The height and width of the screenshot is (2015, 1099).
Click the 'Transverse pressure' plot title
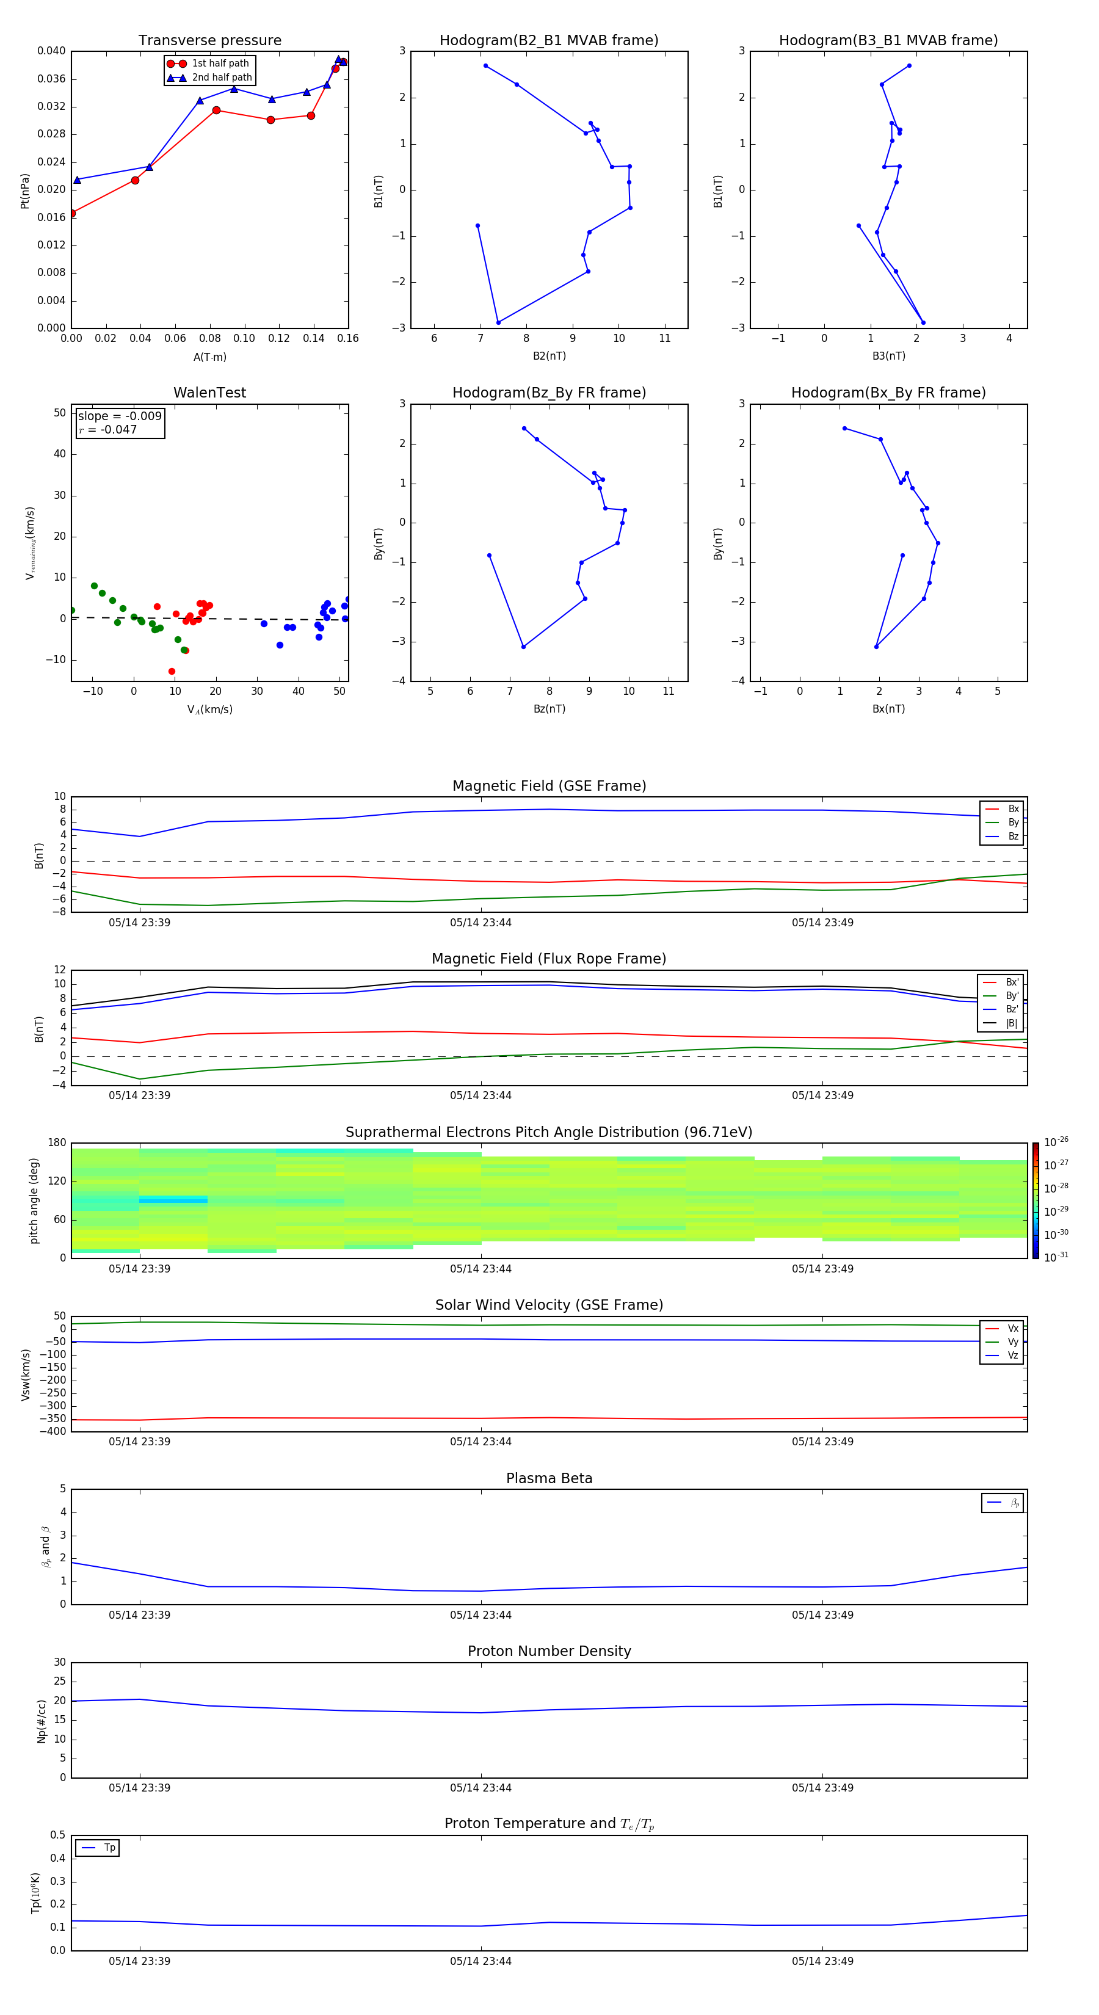click(209, 41)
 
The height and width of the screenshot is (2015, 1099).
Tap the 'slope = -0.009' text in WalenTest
click(120, 416)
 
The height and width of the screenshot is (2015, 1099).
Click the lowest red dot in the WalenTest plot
click(172, 671)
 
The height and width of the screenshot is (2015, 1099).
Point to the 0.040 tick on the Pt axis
click(52, 51)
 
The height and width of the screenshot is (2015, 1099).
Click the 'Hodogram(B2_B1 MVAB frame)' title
click(548, 41)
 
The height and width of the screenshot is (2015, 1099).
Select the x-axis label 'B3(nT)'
click(888, 356)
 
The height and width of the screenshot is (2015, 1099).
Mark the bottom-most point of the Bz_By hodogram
click(523, 647)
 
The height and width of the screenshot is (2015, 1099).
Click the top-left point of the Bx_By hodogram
click(844, 428)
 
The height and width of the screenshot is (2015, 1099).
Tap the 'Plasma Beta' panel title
click(549, 1478)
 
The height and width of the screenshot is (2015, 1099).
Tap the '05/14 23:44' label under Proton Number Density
click(481, 1787)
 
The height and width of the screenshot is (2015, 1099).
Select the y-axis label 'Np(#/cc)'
click(42, 1721)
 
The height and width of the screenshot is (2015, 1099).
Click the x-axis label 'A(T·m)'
click(209, 357)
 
